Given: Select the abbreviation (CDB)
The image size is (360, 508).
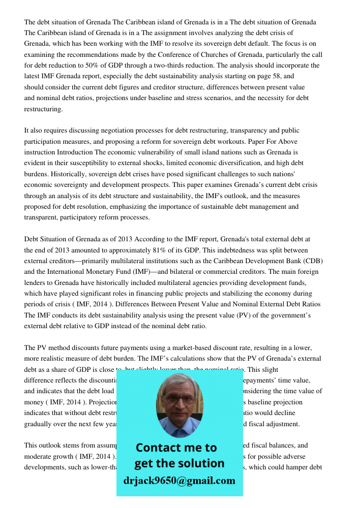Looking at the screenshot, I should click(x=311, y=261).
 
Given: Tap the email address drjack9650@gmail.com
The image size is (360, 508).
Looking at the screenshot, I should click(x=179, y=481).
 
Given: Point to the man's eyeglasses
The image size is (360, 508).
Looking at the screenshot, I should click(x=179, y=400).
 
